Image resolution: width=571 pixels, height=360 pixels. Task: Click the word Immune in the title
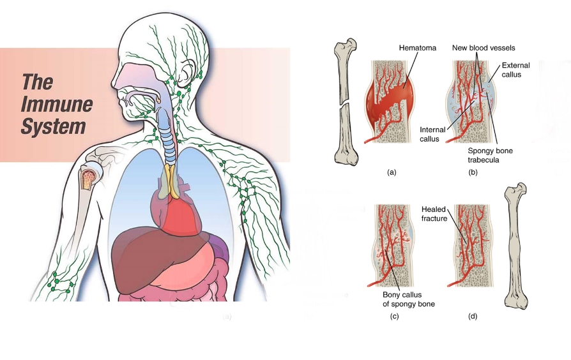(56, 105)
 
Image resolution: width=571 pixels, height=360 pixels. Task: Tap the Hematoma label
(418, 48)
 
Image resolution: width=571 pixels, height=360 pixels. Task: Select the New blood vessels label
(483, 48)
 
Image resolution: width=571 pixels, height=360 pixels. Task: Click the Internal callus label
(432, 135)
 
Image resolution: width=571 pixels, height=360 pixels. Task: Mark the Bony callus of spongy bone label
(408, 299)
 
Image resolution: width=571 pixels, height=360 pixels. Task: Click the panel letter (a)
(392, 172)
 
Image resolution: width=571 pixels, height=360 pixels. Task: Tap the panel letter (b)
(473, 172)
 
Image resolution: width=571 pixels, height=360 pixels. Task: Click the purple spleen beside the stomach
(220, 249)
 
